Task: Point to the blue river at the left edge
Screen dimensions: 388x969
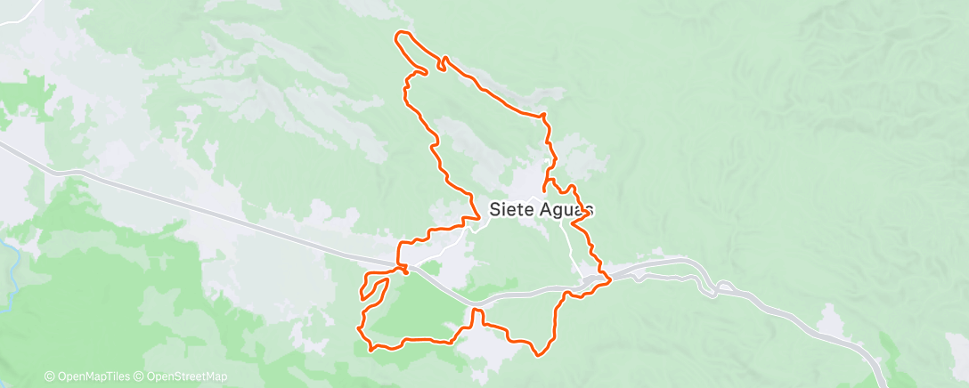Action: click(12, 267)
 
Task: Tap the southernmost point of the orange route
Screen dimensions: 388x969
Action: click(538, 355)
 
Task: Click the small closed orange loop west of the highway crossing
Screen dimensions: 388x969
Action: click(374, 288)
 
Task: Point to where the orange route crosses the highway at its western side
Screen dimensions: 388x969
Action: click(403, 268)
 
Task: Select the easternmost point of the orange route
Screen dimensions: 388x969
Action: click(610, 281)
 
